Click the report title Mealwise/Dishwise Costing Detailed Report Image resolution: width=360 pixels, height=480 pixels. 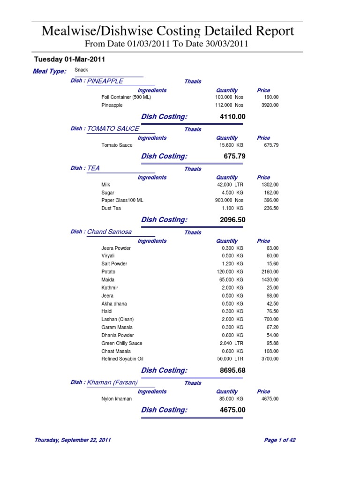coord(168,31)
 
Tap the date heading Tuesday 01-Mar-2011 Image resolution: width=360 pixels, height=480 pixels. coord(69,60)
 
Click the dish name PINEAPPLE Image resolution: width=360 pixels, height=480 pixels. coord(105,81)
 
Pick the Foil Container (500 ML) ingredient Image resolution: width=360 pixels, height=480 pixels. coord(126,97)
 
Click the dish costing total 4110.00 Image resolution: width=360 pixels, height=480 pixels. coord(232,117)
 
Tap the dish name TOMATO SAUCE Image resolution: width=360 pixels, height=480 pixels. coord(113,128)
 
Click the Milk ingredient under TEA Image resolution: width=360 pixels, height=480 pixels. coord(105,185)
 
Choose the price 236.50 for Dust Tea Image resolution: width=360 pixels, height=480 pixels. coord(270,208)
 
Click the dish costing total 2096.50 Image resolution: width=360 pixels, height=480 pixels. coord(232,220)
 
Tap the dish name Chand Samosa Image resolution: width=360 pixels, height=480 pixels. coord(110,232)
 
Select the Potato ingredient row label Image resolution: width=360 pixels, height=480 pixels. coord(108,272)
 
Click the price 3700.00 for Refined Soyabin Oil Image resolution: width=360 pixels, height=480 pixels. coord(270,359)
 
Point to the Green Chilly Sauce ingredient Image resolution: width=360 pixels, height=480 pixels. coord(122,344)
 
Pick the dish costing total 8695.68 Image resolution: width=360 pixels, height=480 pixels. coord(232,371)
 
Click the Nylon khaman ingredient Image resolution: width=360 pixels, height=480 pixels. coord(117,399)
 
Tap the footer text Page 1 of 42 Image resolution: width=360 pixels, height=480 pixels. coord(280,441)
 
